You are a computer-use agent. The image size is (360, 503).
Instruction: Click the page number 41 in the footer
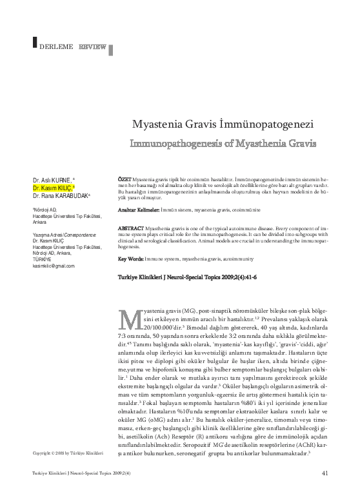[325, 491]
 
